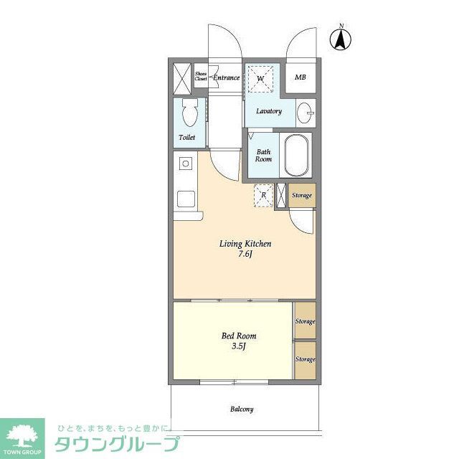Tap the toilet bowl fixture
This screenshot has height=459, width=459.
click(x=189, y=113)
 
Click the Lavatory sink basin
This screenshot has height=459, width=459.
click(x=306, y=113)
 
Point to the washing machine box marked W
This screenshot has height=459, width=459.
click(x=261, y=77)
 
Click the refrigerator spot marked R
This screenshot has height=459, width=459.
click(x=263, y=195)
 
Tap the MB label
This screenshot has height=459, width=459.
click(x=301, y=78)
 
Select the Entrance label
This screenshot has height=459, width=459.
click(x=226, y=77)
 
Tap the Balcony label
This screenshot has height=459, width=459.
click(x=241, y=410)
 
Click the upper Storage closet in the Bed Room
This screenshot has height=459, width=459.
click(x=305, y=322)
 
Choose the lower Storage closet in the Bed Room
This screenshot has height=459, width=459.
click(x=305, y=359)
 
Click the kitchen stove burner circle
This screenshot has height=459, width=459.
click(x=186, y=164)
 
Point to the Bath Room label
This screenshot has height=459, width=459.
click(x=264, y=156)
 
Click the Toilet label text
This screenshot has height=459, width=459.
click(x=186, y=138)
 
